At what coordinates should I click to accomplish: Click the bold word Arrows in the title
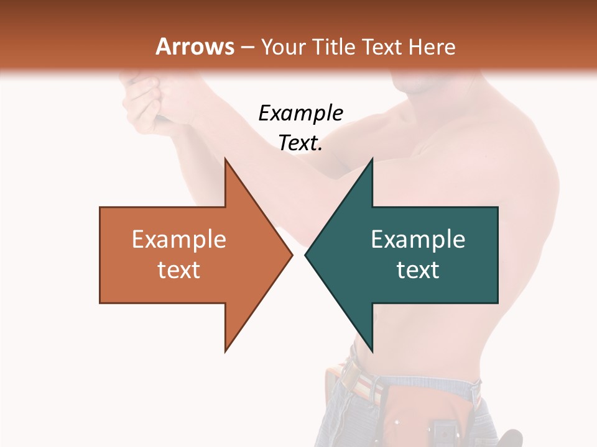coord(195,47)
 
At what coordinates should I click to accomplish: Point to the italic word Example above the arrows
coord(300,113)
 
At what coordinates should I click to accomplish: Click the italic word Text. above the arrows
coord(300,143)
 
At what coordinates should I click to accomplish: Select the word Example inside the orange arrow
coord(179,239)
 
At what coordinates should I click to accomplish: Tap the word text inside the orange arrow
coord(179,269)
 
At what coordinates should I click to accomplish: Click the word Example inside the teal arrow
coord(418,239)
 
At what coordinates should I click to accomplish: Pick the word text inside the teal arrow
coord(418,269)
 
